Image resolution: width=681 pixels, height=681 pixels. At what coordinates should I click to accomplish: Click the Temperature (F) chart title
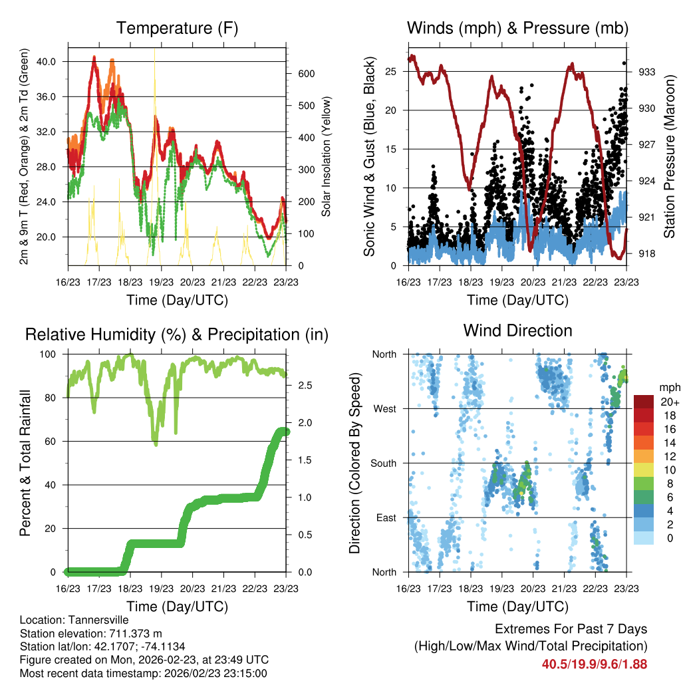pos(177,29)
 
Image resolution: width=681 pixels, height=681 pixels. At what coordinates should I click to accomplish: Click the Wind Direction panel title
pos(517,331)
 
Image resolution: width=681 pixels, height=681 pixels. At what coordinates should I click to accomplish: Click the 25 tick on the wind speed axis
pos(391,71)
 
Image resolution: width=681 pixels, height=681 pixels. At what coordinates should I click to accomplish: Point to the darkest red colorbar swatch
pos(644,401)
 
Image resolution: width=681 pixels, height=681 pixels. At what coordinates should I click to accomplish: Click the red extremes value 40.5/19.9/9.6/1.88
pos(594,664)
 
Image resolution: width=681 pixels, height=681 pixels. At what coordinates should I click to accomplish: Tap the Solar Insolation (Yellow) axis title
pos(326,156)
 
